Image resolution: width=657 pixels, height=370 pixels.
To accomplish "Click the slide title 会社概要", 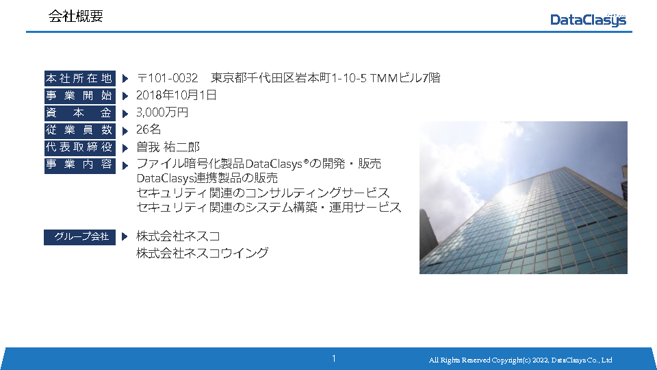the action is tap(75, 16).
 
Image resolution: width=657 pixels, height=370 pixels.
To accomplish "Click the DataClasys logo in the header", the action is tap(588, 20).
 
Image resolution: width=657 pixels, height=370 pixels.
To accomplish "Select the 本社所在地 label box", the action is tap(79, 78).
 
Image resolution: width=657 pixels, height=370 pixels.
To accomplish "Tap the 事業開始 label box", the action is tap(79, 96).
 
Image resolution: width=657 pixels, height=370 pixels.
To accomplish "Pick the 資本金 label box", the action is tap(79, 113).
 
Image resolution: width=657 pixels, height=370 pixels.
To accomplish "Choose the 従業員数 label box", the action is tap(79, 130).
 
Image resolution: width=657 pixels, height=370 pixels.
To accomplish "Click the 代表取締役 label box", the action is tap(79, 147).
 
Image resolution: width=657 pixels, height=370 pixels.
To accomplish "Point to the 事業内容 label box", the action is tap(79, 164).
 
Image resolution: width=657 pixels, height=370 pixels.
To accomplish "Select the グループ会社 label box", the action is tap(79, 237).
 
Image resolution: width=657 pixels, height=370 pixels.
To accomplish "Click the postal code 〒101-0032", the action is tap(167, 78).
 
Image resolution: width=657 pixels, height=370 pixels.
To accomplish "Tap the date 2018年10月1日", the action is tap(176, 95).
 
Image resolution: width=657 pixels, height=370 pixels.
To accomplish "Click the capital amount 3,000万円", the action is tap(162, 112).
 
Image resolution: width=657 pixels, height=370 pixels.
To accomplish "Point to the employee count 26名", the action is tap(149, 129).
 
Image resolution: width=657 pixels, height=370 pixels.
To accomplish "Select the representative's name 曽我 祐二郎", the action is tap(168, 147).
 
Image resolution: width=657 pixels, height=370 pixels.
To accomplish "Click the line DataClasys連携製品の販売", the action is tap(207, 178).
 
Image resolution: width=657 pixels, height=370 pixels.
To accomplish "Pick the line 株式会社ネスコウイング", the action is tap(202, 253).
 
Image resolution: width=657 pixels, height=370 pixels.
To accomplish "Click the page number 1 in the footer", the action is tap(333, 358).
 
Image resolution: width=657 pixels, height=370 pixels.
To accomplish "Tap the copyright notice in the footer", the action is tap(520, 360).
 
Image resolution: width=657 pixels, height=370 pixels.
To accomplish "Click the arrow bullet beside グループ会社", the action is tap(125, 236).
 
